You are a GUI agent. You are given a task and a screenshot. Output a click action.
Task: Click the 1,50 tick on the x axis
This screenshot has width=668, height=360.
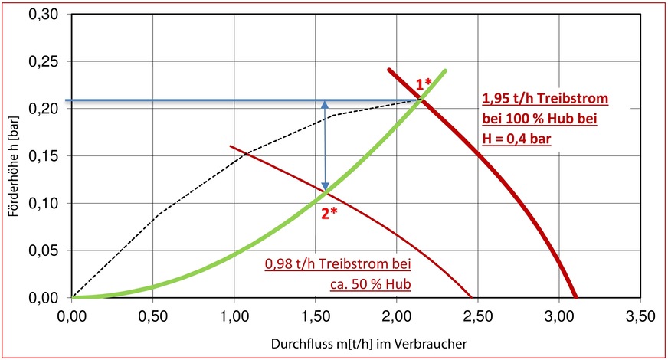pos(316,315)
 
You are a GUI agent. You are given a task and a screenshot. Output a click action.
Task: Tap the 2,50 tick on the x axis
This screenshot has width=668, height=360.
pos(478,315)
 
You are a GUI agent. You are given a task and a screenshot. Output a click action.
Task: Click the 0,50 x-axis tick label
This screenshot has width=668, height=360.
pos(153,315)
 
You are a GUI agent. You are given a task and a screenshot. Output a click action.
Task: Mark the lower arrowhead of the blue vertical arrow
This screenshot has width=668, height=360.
pos(325,188)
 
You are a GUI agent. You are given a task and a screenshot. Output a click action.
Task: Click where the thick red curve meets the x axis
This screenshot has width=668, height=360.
pos(576,297)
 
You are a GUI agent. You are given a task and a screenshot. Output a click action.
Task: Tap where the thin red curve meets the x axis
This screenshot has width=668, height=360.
pos(472,297)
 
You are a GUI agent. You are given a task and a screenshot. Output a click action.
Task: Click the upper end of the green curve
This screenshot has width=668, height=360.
pos(445,70)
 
